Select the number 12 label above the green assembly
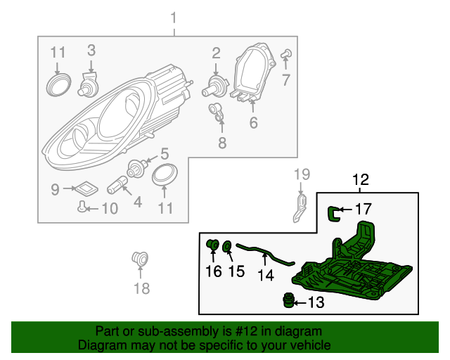pyautogui.click(x=360, y=180)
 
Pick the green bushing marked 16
pyautogui.click(x=212, y=245)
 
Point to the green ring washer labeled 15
pyautogui.click(x=228, y=246)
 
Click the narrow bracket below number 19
pyautogui.click(x=301, y=205)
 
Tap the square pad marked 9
pyautogui.click(x=84, y=188)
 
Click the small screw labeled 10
pyautogui.click(x=84, y=207)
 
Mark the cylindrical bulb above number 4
pyautogui.click(x=116, y=186)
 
